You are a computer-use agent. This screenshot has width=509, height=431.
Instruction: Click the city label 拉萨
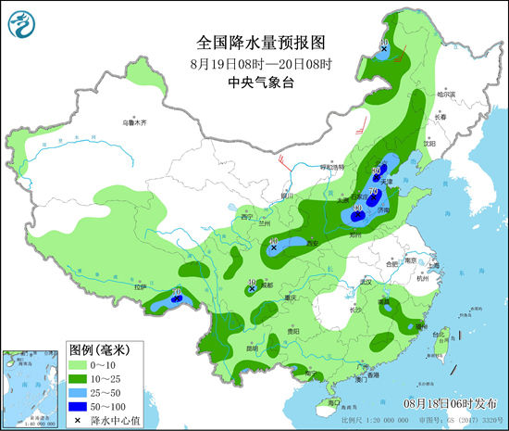[140, 288]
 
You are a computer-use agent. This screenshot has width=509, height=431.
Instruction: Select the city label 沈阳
[429, 144]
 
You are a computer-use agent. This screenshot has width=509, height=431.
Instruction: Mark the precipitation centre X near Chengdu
[252, 289]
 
